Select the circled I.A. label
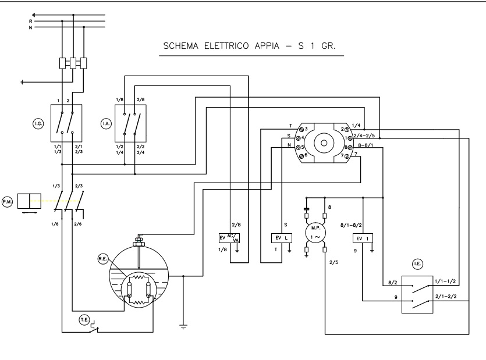pos(106,123)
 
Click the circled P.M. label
pos(8,201)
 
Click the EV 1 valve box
pos(363,238)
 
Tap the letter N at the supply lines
pos(30,27)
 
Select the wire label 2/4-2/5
pos(379,136)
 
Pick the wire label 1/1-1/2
pos(445,281)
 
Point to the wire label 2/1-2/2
pos(445,296)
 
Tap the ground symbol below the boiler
pos(184,327)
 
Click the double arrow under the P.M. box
pos(29,213)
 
